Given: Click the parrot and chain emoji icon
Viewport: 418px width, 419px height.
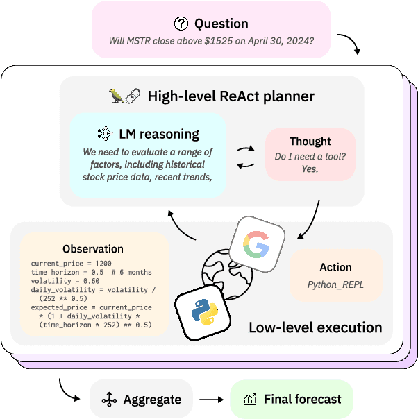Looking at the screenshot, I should coord(126,95).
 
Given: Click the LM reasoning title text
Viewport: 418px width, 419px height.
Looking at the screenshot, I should coord(159,134).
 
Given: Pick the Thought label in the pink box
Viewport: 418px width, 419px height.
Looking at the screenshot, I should coord(310,141).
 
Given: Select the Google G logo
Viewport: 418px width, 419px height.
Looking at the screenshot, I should coord(258,246).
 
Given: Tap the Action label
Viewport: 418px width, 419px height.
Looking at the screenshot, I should coord(335,267).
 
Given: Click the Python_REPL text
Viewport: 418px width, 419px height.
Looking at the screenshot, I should coord(335,284).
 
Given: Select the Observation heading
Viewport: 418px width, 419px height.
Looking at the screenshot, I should coord(93,248).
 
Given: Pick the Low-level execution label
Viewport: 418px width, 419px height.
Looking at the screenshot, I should coord(315,327).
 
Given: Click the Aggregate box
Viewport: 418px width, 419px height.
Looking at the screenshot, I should coord(141,400).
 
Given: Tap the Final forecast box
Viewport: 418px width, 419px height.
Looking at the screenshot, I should coord(291,400).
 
